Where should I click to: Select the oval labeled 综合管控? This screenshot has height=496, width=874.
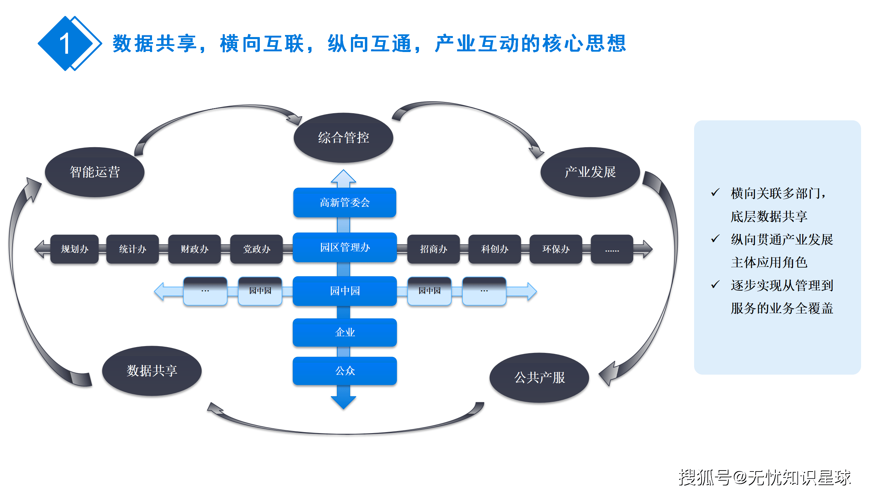point(343,138)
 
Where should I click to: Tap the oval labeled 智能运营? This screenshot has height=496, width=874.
point(95,172)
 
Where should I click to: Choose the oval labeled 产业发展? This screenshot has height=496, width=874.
point(590,172)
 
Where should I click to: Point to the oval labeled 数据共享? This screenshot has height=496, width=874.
point(152,371)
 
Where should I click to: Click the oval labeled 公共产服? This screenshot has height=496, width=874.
point(539,377)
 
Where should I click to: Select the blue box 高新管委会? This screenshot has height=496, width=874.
point(344,203)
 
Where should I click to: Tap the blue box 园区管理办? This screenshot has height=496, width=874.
point(344,247)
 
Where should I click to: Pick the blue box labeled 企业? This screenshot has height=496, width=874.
point(344,332)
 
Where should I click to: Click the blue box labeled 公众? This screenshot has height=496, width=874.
point(344,371)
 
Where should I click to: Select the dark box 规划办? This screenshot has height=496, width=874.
point(74,249)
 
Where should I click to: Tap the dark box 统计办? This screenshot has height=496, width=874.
point(132,249)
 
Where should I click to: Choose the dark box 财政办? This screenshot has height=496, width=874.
point(194,249)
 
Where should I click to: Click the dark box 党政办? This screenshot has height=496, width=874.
point(256,249)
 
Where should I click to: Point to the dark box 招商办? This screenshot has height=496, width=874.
point(433,249)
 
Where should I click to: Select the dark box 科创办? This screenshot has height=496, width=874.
point(494,249)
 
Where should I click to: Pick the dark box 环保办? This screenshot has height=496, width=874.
point(556,249)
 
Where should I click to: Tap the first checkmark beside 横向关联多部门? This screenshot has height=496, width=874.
point(715,192)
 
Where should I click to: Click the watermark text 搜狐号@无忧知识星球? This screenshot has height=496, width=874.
point(764,477)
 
